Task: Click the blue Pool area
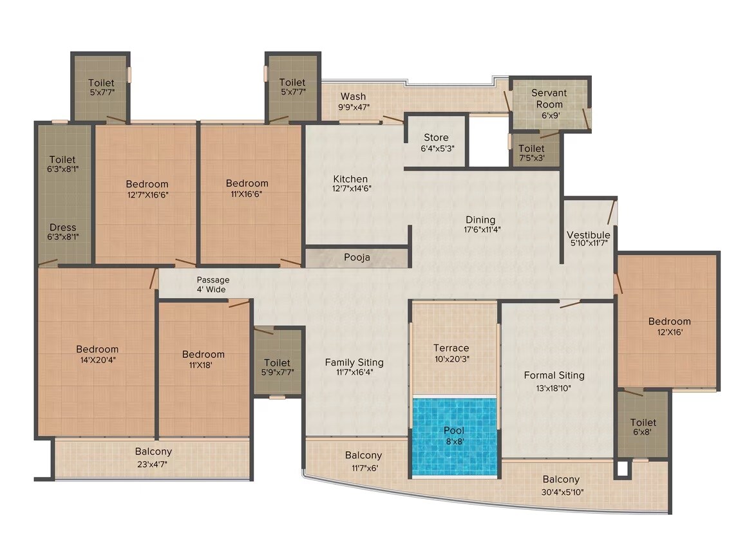[x=454, y=437]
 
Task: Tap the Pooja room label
[x=357, y=257]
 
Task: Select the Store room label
[x=436, y=138]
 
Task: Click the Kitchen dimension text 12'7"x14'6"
[x=350, y=189]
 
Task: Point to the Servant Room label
[x=549, y=98]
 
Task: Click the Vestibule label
[x=588, y=234]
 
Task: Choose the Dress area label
[x=62, y=227]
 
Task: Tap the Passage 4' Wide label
[x=213, y=280]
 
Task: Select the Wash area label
[x=354, y=97]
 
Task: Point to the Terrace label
[x=451, y=348]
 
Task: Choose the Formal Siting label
[x=554, y=375]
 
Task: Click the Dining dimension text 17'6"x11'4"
[x=480, y=229]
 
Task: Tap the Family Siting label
[x=354, y=362]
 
